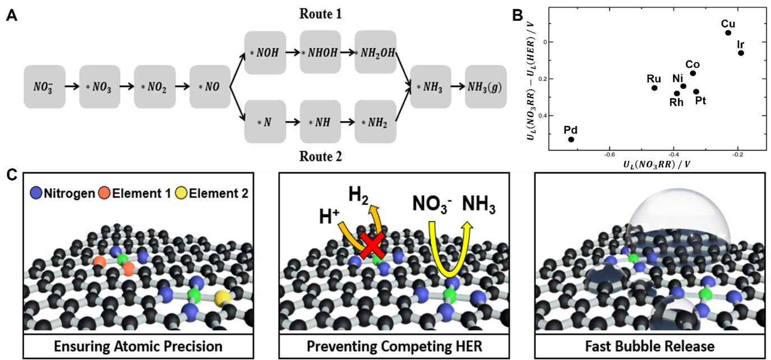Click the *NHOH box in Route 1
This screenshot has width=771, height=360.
pyautogui.click(x=320, y=53)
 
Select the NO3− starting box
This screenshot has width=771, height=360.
pyautogui.click(x=44, y=86)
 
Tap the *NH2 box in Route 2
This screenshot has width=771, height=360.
pyautogui.click(x=375, y=121)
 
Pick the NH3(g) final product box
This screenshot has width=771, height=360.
pyautogui.click(x=486, y=86)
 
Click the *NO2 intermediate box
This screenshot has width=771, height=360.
pyautogui.click(x=155, y=86)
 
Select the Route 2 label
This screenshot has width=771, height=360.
pyautogui.click(x=321, y=157)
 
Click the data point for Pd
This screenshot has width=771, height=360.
pyautogui.click(x=571, y=139)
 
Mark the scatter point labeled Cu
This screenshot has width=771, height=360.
pyautogui.click(x=728, y=33)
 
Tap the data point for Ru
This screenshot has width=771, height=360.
pyautogui.click(x=654, y=87)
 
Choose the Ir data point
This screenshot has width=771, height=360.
pyautogui.click(x=741, y=53)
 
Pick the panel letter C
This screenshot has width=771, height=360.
pyautogui.click(x=11, y=175)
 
